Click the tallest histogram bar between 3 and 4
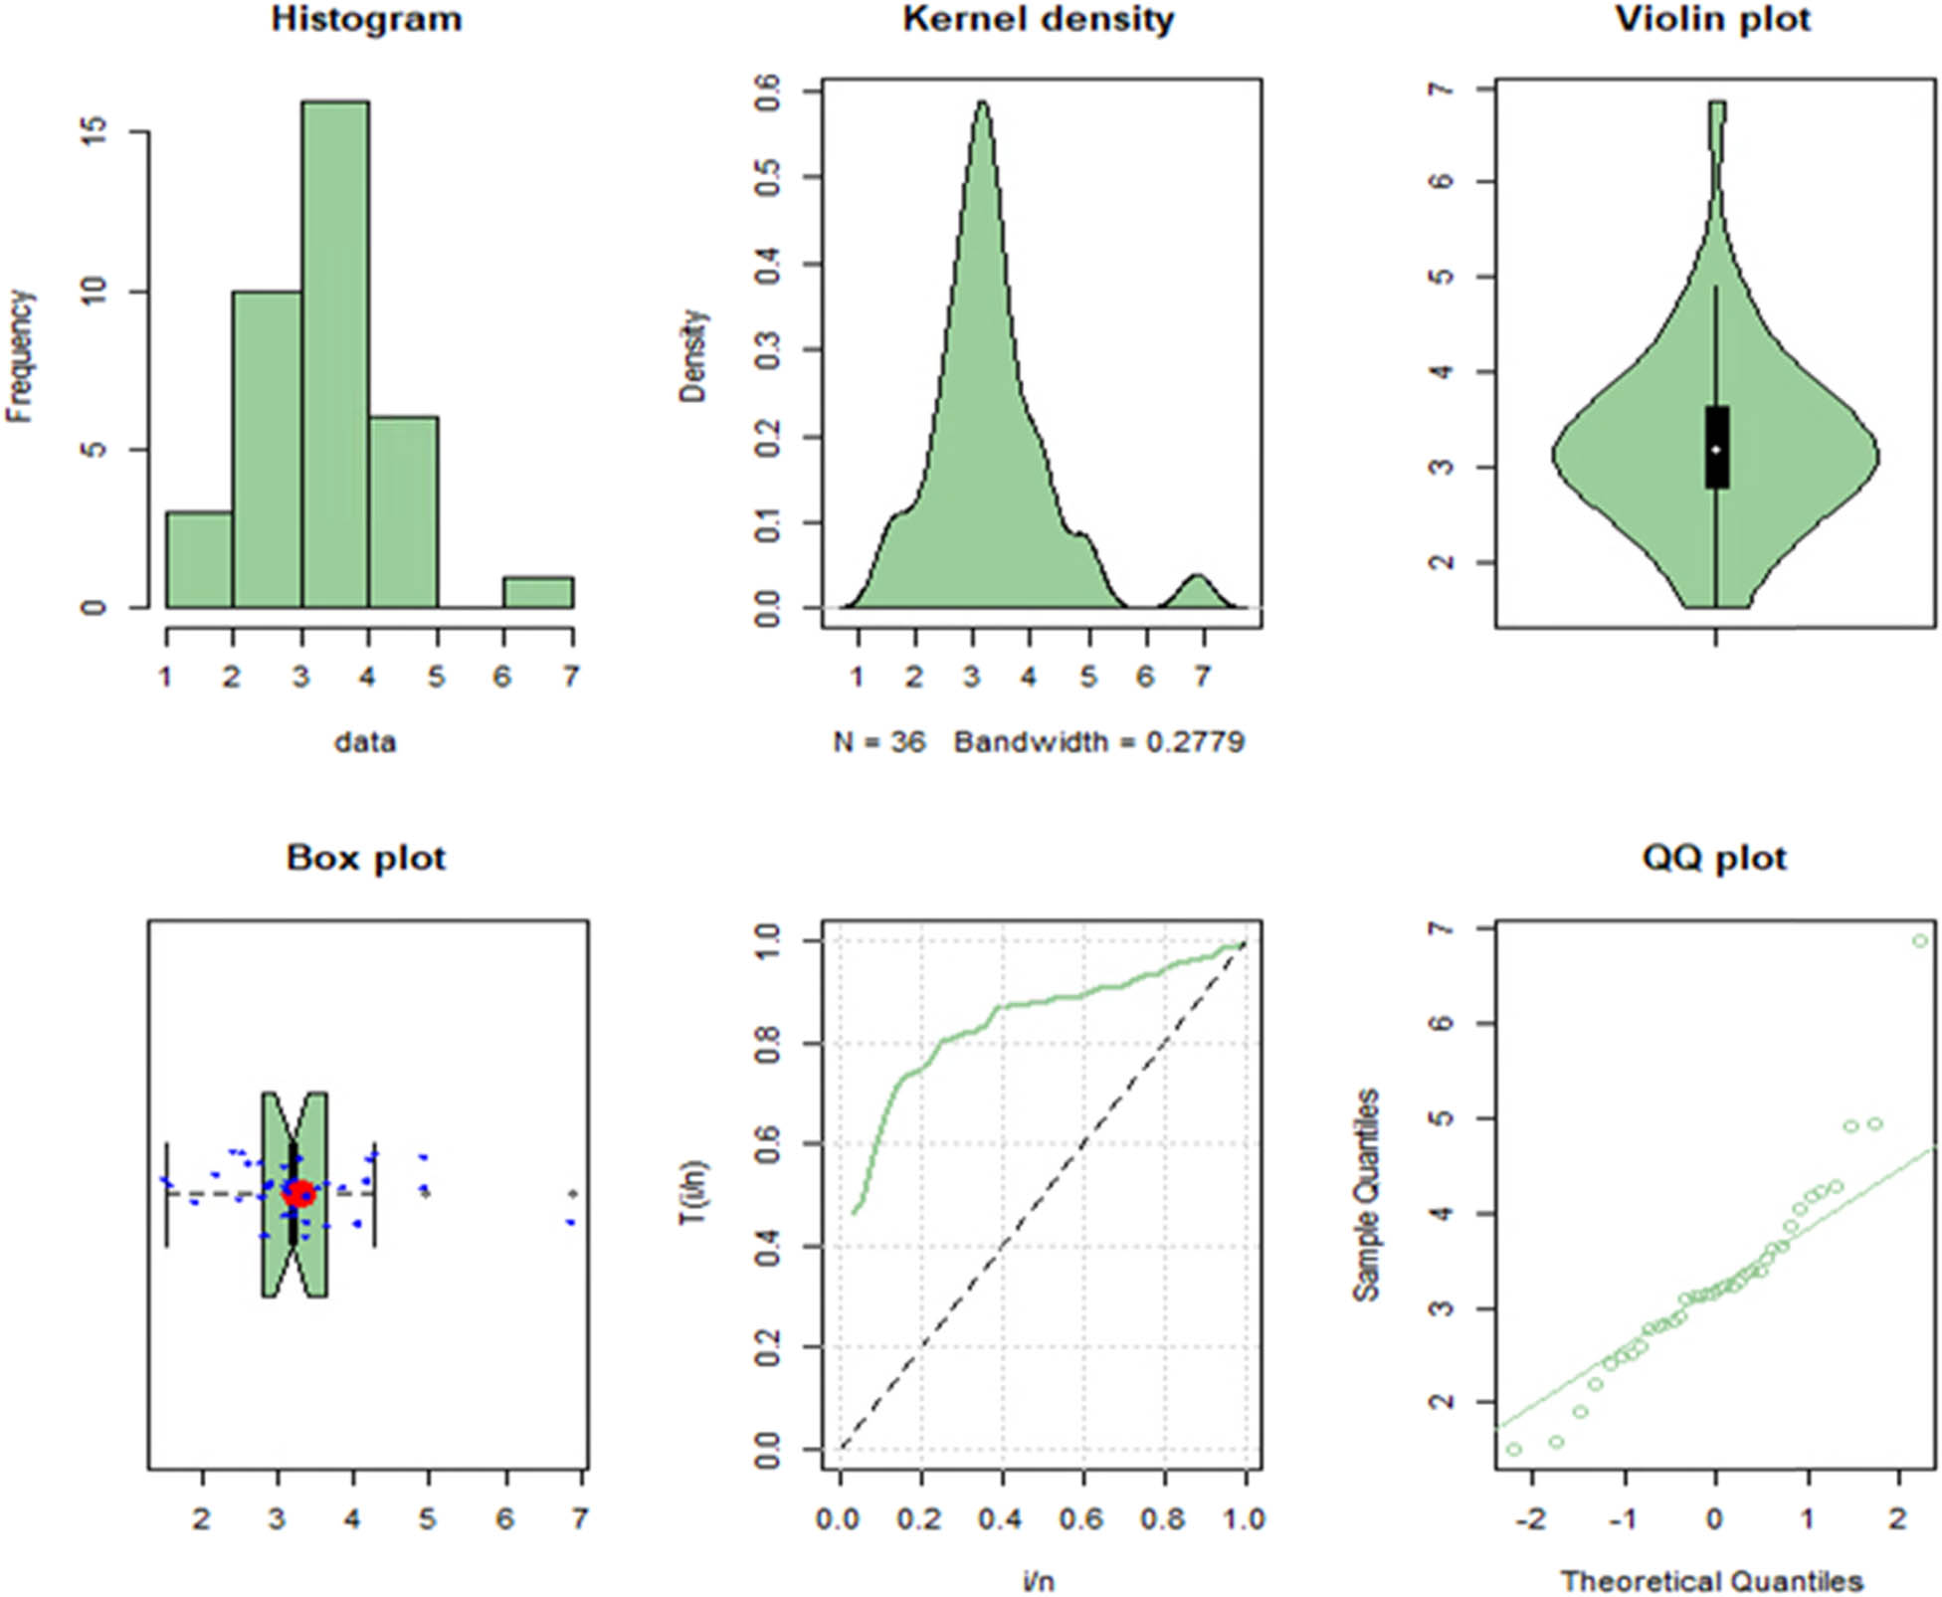click(335, 353)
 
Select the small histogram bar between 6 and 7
click(537, 593)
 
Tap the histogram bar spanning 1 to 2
click(199, 560)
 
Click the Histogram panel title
click(366, 20)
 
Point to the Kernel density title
click(1038, 20)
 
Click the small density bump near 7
click(1199, 591)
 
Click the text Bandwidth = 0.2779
click(1099, 742)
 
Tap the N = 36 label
click(879, 742)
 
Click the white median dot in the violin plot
click(1716, 450)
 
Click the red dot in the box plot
click(299, 1193)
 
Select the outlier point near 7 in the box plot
click(573, 1193)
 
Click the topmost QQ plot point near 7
click(1920, 940)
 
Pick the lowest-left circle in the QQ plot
click(1514, 1449)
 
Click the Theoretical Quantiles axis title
click(1711, 1580)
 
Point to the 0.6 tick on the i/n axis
click(1081, 1519)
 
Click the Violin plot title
click(1712, 20)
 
